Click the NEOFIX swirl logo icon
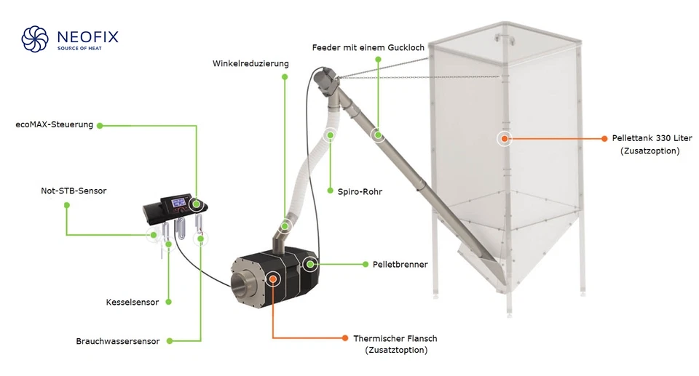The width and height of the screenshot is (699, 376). (35, 39)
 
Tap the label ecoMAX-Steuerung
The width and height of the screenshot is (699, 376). (55, 125)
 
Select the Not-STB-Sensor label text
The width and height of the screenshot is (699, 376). (74, 191)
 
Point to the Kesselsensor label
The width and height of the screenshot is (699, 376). (133, 302)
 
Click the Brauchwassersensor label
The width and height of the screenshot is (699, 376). (117, 341)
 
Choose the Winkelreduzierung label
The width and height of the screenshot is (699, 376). (250, 63)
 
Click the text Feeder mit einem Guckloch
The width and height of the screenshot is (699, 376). (368, 48)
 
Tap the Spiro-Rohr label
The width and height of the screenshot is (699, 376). (360, 192)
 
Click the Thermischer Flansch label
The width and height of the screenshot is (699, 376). (395, 339)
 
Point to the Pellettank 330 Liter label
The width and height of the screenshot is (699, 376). (652, 138)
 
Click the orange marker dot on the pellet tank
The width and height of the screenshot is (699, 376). (504, 138)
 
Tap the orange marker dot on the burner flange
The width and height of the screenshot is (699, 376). (273, 279)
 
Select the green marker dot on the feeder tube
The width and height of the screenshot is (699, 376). (378, 135)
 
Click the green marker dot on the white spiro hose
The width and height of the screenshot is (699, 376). (330, 135)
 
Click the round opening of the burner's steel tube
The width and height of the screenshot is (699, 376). (243, 281)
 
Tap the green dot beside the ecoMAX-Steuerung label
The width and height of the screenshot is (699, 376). (100, 125)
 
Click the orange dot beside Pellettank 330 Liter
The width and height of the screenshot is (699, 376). (604, 138)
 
